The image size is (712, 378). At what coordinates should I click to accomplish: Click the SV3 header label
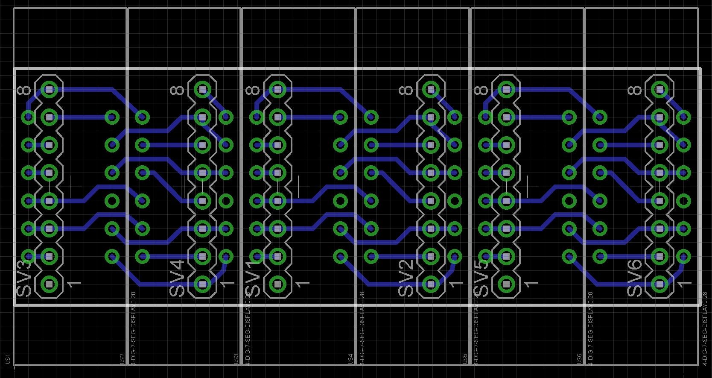tap(24, 278)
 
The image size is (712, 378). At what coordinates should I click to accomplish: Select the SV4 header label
tap(177, 278)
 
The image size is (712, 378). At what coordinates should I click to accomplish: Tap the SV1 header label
tap(253, 278)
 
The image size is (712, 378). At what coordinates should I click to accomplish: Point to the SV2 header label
tap(406, 278)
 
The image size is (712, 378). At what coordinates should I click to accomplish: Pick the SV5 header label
tap(481, 278)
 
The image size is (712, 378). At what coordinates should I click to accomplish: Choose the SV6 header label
tap(635, 278)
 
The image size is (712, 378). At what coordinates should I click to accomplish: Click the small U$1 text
tap(8, 359)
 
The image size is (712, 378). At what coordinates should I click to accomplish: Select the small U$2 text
tap(123, 359)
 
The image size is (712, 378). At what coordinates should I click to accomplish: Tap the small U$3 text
tap(236, 359)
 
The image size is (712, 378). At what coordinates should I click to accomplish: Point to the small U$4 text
tap(351, 359)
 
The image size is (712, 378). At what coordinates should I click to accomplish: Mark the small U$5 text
tap(465, 359)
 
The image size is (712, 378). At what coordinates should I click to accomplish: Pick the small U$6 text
tap(579, 359)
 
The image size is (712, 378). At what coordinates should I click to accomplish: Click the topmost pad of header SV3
tap(50, 90)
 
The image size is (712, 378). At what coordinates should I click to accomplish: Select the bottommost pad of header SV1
tap(278, 284)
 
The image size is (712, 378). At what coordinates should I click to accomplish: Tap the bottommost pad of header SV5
tap(506, 284)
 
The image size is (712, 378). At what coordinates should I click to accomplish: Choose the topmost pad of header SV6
tap(659, 90)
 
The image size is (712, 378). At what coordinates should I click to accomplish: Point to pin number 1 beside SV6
tap(686, 283)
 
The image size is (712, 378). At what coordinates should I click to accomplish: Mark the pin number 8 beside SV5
tap(481, 90)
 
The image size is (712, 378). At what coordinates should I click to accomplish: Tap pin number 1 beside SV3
tap(75, 283)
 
